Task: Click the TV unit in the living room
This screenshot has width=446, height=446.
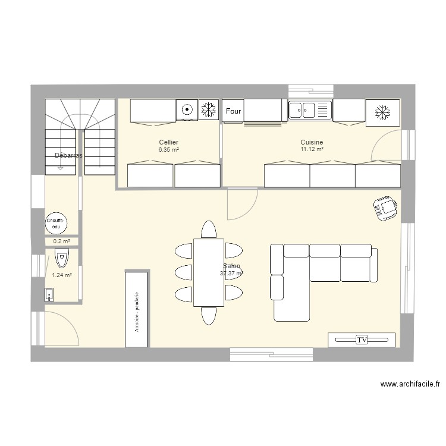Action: (362, 340)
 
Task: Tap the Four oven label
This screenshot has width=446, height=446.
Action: (234, 111)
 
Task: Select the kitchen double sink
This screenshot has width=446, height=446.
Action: (309, 109)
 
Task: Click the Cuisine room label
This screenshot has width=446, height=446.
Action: (312, 142)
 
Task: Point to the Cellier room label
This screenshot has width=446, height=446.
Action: (168, 142)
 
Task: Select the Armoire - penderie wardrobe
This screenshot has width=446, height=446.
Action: (137, 309)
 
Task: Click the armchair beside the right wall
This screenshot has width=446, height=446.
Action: (385, 208)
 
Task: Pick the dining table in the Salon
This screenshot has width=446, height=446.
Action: (209, 272)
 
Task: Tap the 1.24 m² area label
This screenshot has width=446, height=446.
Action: (62, 275)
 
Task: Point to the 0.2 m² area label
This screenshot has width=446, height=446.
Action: (62, 241)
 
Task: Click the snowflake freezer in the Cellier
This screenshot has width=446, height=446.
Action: (208, 109)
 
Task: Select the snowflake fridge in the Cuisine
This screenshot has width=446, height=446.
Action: (382, 112)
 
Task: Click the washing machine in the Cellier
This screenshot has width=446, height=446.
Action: (187, 109)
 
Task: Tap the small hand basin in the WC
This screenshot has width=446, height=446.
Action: (50, 294)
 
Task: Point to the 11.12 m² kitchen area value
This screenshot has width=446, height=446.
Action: (312, 149)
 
